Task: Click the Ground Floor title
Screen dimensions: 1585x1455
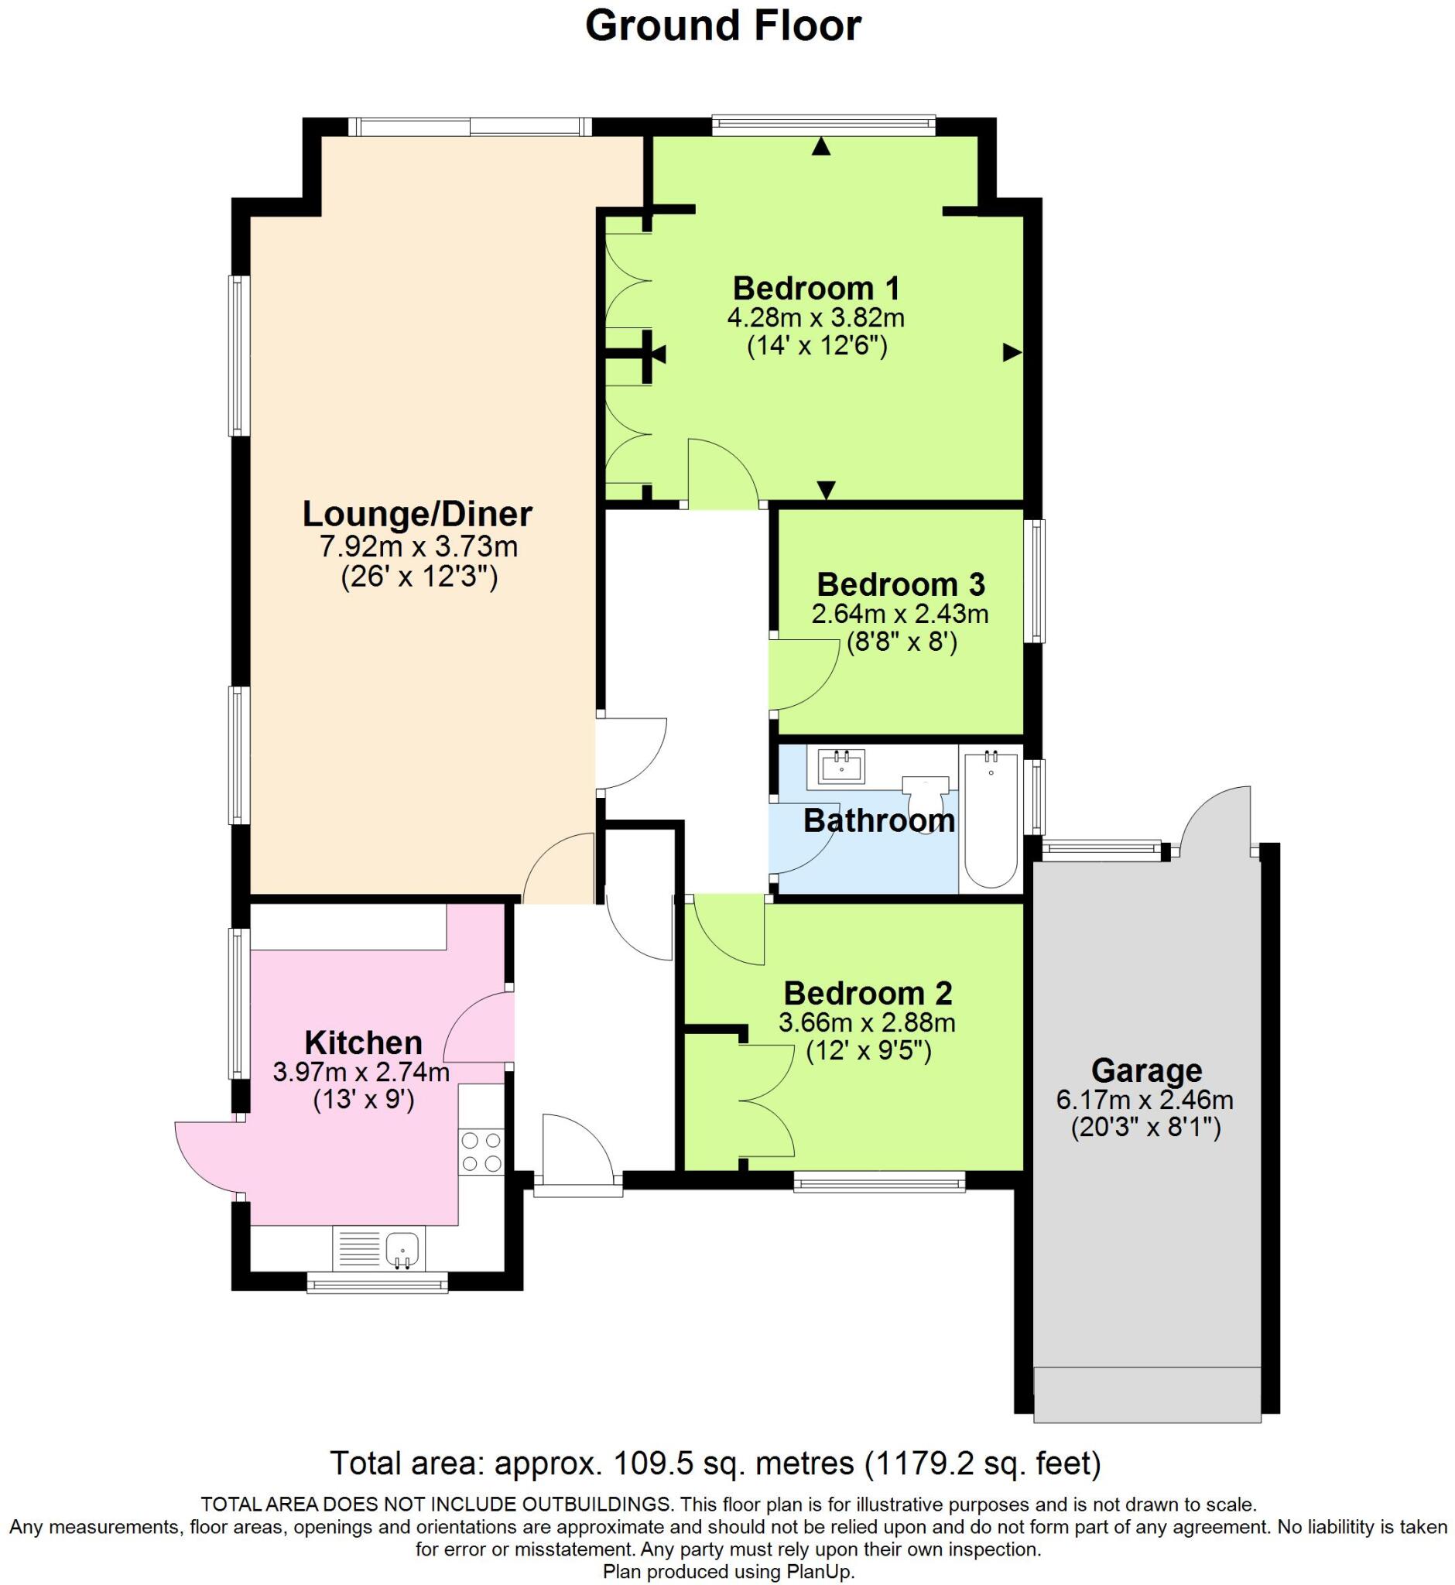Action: pos(723,26)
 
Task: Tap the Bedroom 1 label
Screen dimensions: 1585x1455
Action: pos(816,289)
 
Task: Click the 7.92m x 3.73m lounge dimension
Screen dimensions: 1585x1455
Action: pos(418,546)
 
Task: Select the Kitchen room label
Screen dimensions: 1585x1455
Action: pos(363,1042)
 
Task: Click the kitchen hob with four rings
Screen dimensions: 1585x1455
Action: pos(482,1150)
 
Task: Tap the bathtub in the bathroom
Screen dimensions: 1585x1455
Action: pos(991,819)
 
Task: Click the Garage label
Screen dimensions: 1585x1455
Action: pos(1145,1071)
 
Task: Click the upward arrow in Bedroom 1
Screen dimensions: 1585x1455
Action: pos(821,146)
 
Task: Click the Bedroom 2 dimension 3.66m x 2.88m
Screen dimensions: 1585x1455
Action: pos(867,1023)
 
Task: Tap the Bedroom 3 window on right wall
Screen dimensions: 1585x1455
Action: pos(1039,580)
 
